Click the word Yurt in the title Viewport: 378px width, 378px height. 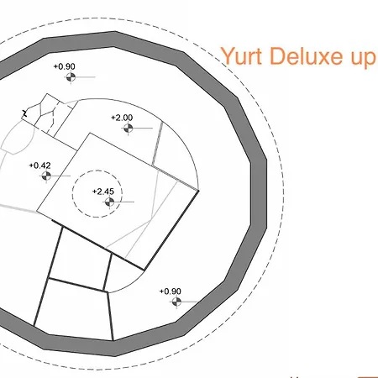241,56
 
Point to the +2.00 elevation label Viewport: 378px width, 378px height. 122,118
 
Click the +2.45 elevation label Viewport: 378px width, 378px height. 103,192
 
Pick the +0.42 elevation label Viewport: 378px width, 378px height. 40,165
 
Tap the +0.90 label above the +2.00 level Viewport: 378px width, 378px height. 65,66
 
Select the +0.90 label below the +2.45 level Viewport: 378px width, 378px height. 171,291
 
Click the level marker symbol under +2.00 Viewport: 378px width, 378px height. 129,129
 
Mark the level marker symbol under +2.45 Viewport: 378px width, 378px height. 109,202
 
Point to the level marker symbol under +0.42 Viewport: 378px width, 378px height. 46,176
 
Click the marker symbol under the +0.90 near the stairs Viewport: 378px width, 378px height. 71,77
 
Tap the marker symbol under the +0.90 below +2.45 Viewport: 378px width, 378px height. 176,302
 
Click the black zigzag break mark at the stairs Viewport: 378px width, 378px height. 24,113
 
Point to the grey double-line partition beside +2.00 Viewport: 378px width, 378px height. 157,144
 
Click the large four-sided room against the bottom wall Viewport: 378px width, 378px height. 73,308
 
